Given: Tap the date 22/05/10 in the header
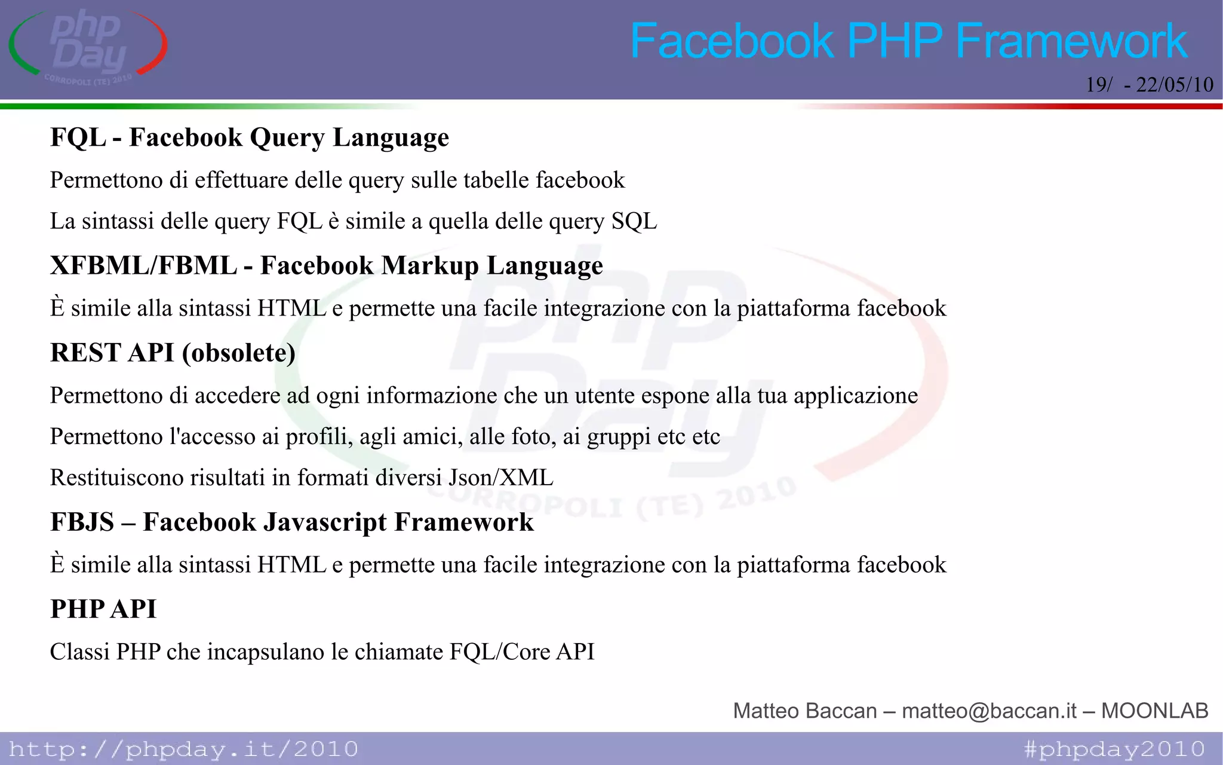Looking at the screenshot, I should (x=1174, y=85).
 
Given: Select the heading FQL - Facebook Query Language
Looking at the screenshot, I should (x=250, y=137).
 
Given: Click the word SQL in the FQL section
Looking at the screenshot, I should (x=634, y=222).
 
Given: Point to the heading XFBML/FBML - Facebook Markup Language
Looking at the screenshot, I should (x=327, y=265).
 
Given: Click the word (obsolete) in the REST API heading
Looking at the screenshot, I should (x=239, y=353).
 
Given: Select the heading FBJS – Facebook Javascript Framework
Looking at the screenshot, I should (x=292, y=522).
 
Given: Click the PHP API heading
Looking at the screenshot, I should (x=103, y=609).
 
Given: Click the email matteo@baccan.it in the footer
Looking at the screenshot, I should (x=989, y=711).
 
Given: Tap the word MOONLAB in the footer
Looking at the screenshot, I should (x=1154, y=711).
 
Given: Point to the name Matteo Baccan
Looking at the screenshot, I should (x=804, y=711).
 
